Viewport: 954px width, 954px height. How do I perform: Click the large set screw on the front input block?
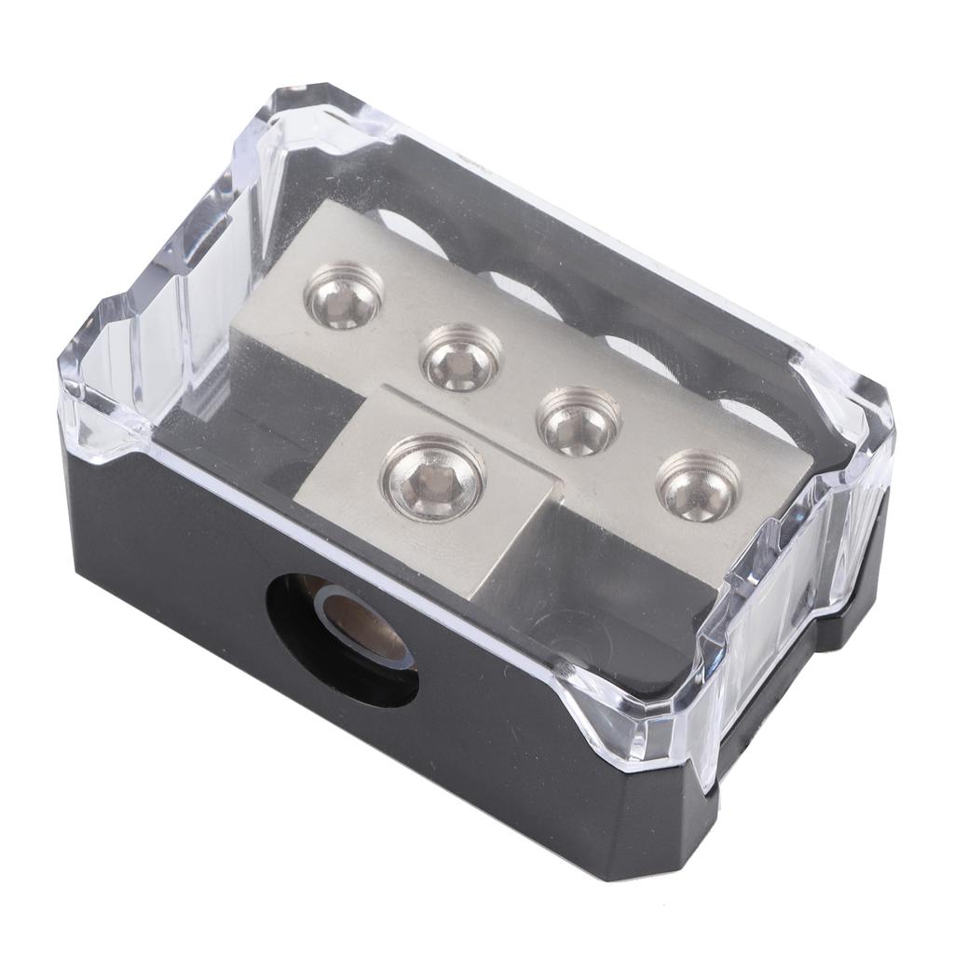433,477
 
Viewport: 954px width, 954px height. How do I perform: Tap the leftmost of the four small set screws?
344,296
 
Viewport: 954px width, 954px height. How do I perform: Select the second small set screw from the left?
461,357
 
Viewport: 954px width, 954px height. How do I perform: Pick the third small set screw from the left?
579,420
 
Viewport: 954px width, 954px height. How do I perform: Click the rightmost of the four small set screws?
699,484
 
